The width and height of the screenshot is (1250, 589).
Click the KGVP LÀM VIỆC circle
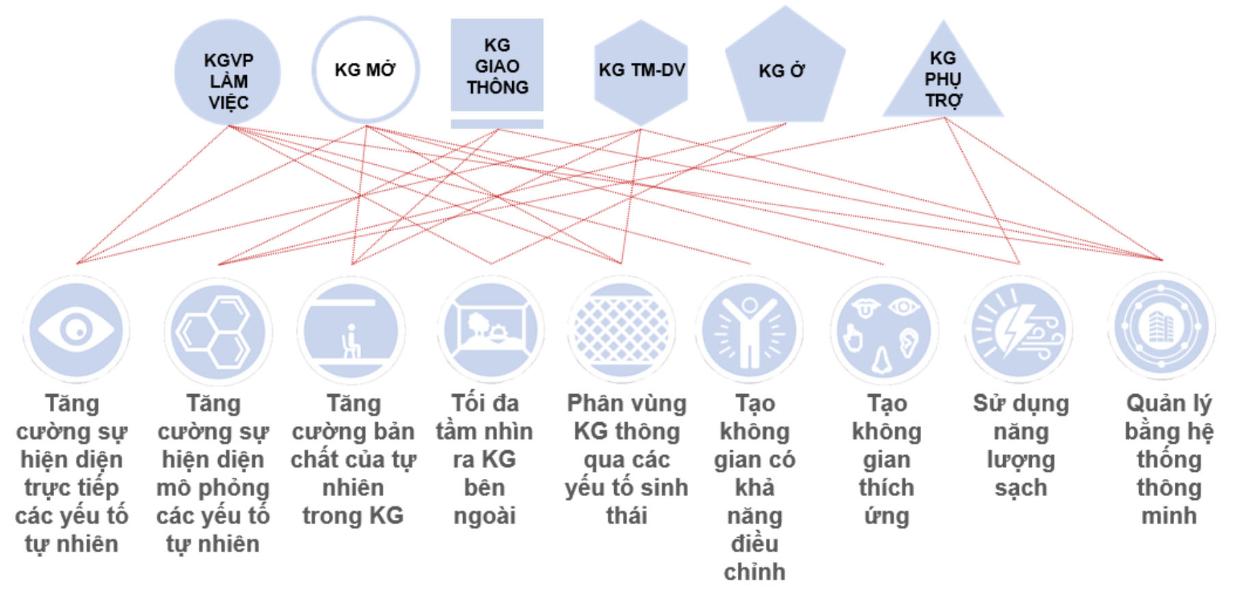[228, 73]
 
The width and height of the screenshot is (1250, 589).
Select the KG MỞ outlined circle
[366, 70]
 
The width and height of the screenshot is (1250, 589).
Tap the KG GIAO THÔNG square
[497, 66]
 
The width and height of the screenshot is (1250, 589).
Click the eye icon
[77, 330]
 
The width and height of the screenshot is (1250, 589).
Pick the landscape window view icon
[490, 330]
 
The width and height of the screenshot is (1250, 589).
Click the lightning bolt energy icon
[1019, 330]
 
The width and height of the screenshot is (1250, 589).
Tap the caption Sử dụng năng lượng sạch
[1020, 445]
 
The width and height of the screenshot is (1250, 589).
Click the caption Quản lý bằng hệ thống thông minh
[1169, 459]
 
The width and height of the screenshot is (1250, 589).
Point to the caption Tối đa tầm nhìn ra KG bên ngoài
[485, 459]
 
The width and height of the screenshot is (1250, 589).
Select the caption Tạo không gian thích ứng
[887, 459]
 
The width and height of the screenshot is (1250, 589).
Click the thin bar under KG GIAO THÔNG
[497, 124]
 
